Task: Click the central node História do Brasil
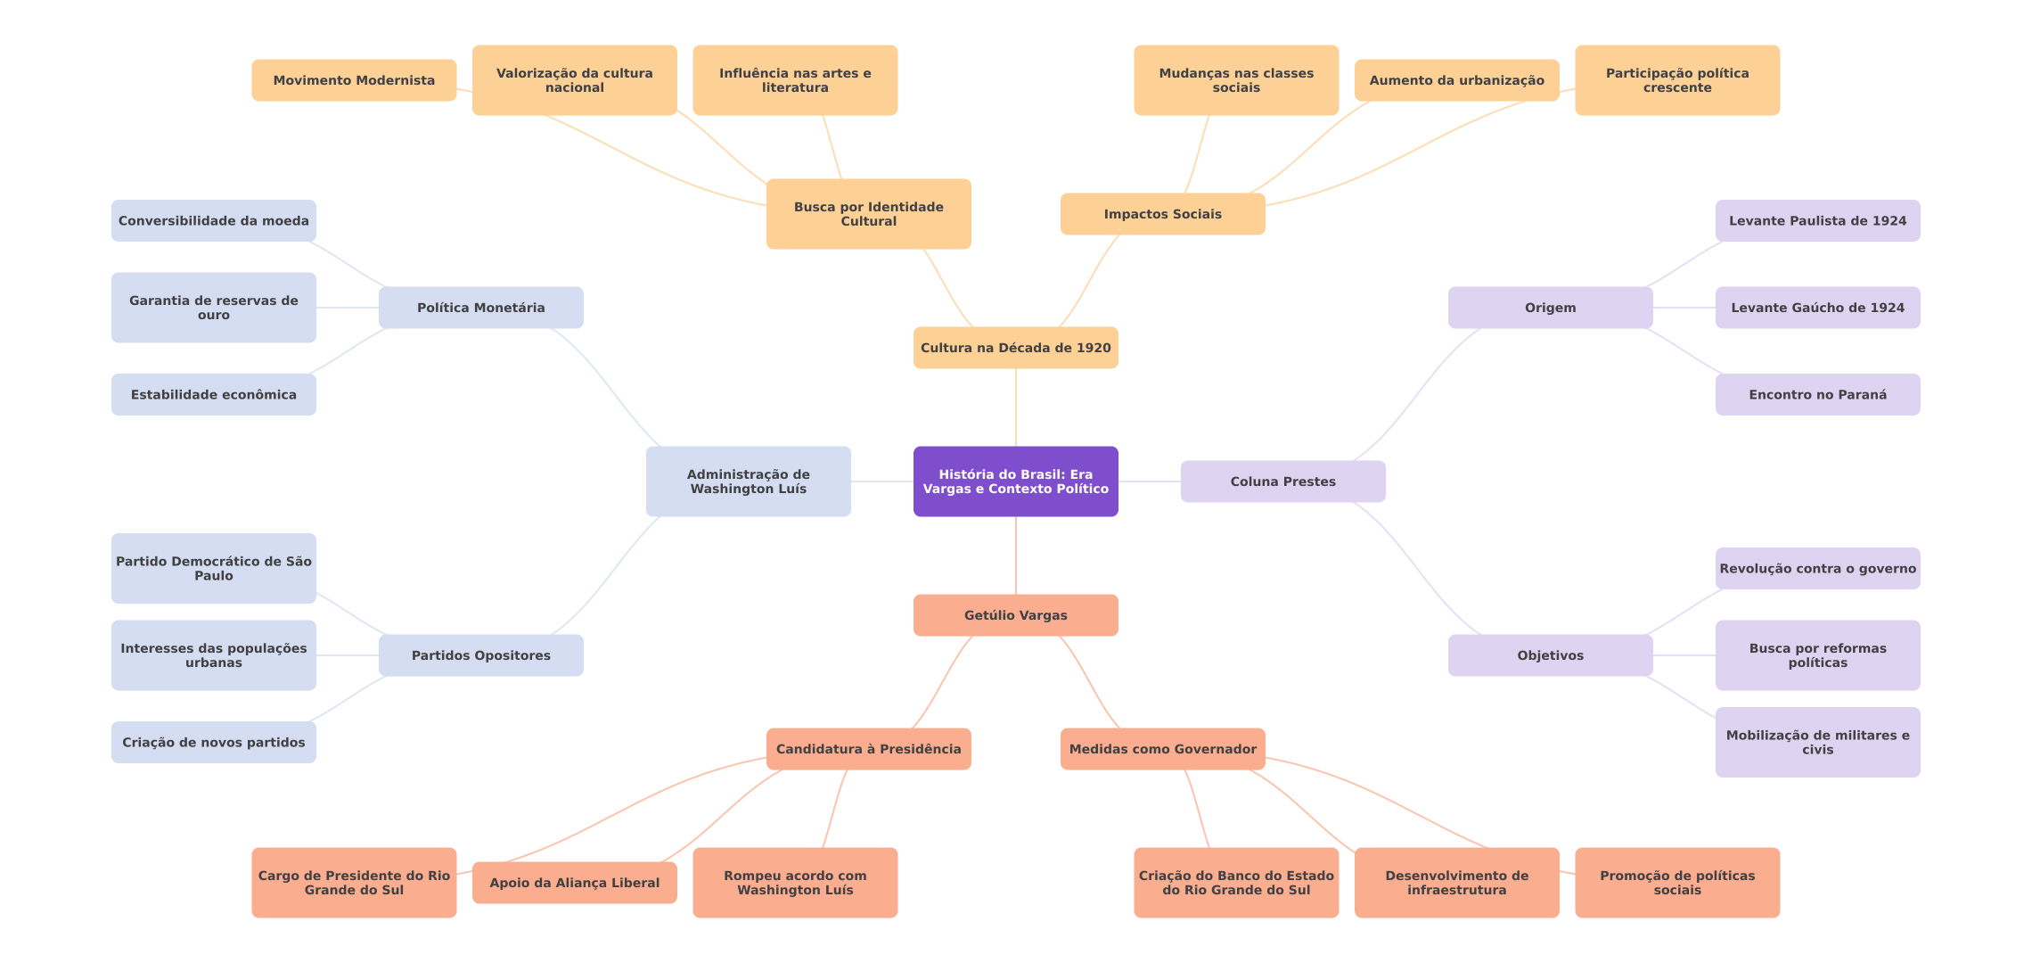tap(1015, 481)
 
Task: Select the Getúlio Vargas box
tap(1015, 615)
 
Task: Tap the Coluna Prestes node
tap(1282, 481)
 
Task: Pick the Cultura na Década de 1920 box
tap(1015, 348)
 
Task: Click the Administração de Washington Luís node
tap(748, 481)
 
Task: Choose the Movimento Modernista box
tap(354, 80)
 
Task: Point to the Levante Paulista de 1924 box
tap(1817, 221)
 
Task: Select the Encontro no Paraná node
tap(1817, 394)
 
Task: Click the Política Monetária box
tap(480, 308)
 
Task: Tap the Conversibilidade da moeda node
tap(213, 221)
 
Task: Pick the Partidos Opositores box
tap(480, 655)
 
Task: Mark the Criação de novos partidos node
tap(213, 742)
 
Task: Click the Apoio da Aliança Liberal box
tap(574, 883)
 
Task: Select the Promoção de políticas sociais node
tap(1676, 883)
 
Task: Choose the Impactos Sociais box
tap(1162, 214)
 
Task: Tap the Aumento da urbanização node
tap(1456, 80)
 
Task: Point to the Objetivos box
tap(1550, 655)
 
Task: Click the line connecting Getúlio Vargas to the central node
tap(1016, 556)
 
